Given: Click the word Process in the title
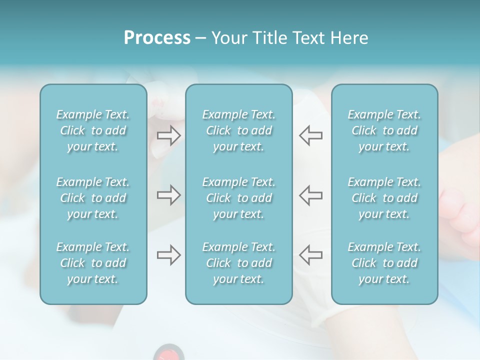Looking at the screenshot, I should (157, 38).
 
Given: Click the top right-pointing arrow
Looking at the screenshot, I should (169, 135).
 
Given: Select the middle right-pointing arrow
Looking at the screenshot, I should (169, 195).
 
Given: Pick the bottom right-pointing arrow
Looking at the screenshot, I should (169, 255).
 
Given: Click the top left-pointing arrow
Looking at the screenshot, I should (310, 135).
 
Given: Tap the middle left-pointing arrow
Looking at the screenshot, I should (310, 195).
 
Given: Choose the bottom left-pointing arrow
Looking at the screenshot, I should (310, 255).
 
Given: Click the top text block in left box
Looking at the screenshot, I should (93, 130).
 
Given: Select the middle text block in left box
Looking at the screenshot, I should (93, 198).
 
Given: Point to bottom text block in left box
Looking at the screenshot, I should (93, 263).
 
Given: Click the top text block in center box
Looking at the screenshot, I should (239, 130).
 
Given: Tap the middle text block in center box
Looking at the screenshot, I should (239, 198).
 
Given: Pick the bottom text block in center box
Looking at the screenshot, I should (239, 263).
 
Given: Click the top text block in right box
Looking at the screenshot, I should (384, 130).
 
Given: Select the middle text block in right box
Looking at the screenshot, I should (384, 198).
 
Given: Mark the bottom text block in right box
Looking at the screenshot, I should (384, 263).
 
